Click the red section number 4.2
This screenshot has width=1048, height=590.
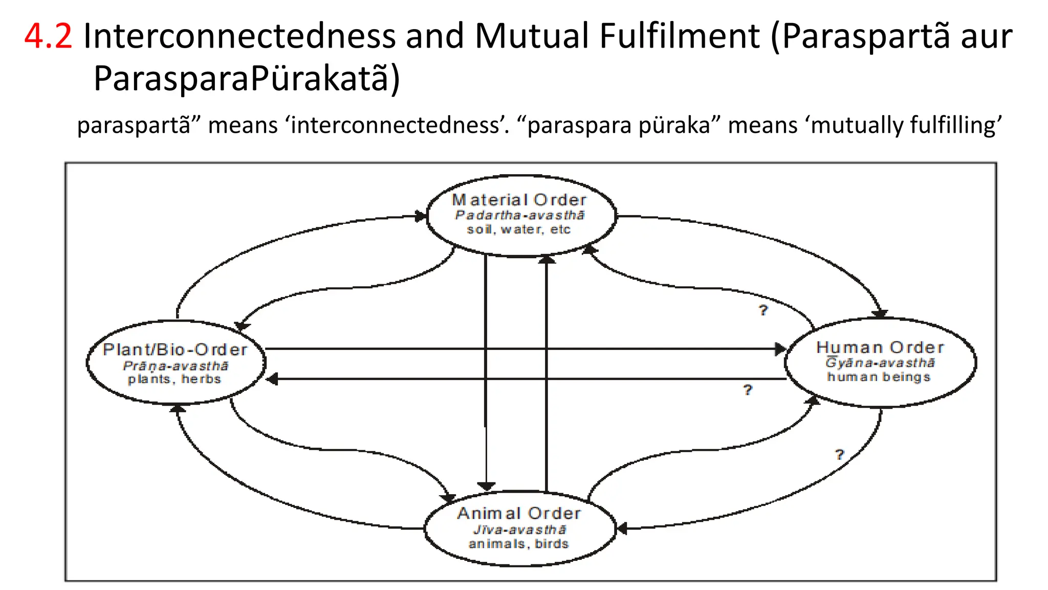pos(48,36)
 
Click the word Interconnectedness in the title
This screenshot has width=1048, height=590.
pos(239,36)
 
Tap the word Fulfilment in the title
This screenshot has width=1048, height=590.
pos(680,36)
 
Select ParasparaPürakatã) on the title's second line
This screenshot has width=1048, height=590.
pos(247,78)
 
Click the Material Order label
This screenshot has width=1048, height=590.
pos(519,200)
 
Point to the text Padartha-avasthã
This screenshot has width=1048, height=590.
pos(519,215)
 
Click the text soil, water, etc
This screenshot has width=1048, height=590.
pos(518,229)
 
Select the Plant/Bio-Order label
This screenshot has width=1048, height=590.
pos(175,350)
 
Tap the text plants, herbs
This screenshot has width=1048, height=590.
pos(174,380)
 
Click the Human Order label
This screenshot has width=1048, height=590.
pos(880,348)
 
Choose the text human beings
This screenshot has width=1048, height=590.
pos(879,377)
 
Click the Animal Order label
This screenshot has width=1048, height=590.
pos(519,513)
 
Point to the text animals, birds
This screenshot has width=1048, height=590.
pos(518,544)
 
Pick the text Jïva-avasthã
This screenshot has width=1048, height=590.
pos(519,530)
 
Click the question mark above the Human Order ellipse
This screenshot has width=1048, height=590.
pos(763,310)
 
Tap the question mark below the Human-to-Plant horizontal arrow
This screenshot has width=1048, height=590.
pos(748,390)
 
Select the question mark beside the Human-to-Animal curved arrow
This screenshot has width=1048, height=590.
pos(839,455)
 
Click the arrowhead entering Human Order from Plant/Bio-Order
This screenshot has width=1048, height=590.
pos(780,349)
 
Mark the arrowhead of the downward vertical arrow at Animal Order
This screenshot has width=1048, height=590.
pos(486,486)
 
